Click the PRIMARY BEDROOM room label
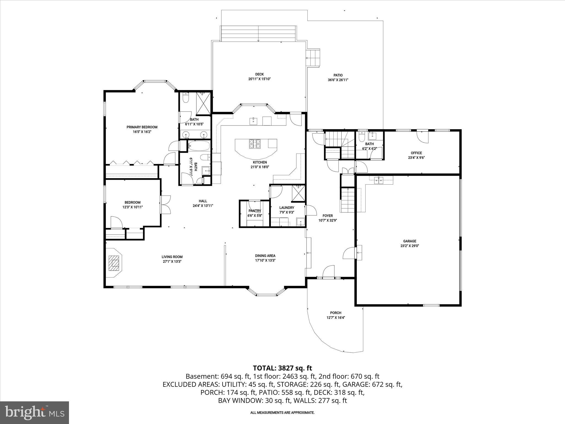tap(142, 127)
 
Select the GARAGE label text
tap(410, 241)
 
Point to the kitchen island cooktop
tap(255, 144)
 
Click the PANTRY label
tap(255, 211)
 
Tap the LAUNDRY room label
tap(287, 208)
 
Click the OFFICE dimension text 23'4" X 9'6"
tap(416, 158)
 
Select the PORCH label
tap(336, 313)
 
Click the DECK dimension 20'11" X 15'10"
tap(259, 79)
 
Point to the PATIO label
tap(338, 75)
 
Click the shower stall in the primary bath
tap(203, 104)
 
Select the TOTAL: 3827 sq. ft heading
tap(282, 368)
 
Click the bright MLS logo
tap(34, 412)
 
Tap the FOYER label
tap(328, 216)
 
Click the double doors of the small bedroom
tap(166, 205)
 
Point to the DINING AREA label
tap(265, 256)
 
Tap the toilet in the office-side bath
tap(362, 136)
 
